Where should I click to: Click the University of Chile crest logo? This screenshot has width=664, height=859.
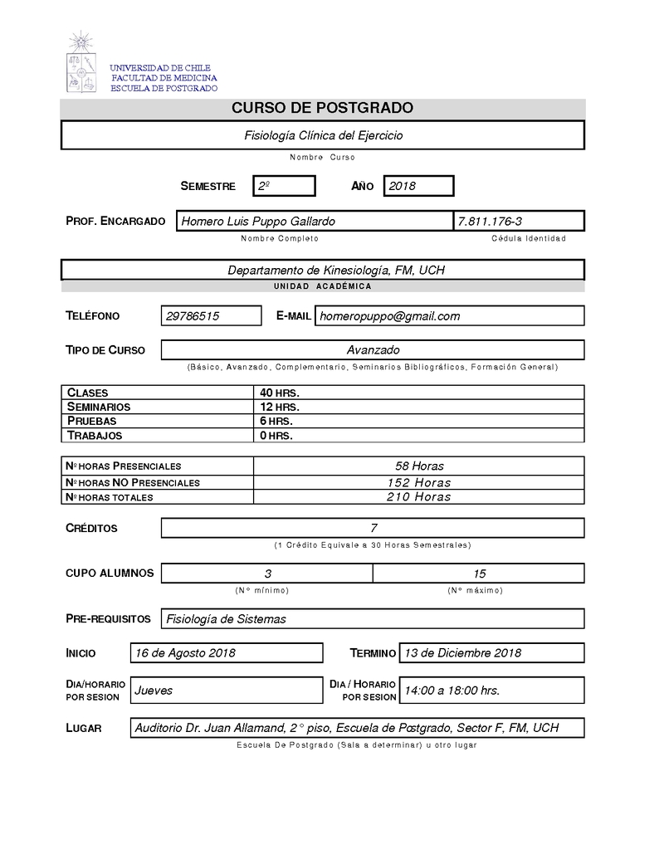point(81,63)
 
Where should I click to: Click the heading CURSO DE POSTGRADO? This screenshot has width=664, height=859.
point(322,109)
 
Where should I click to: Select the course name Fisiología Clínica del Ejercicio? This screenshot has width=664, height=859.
point(323,135)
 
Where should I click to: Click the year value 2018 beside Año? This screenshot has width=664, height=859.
point(417,186)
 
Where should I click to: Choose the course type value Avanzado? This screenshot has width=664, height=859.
point(373,350)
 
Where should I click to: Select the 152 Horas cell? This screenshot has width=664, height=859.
point(418,482)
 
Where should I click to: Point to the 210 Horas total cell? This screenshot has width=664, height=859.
point(418,497)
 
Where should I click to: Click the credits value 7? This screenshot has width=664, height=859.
point(373,528)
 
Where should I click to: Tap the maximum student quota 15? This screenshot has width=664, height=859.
point(479,573)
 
